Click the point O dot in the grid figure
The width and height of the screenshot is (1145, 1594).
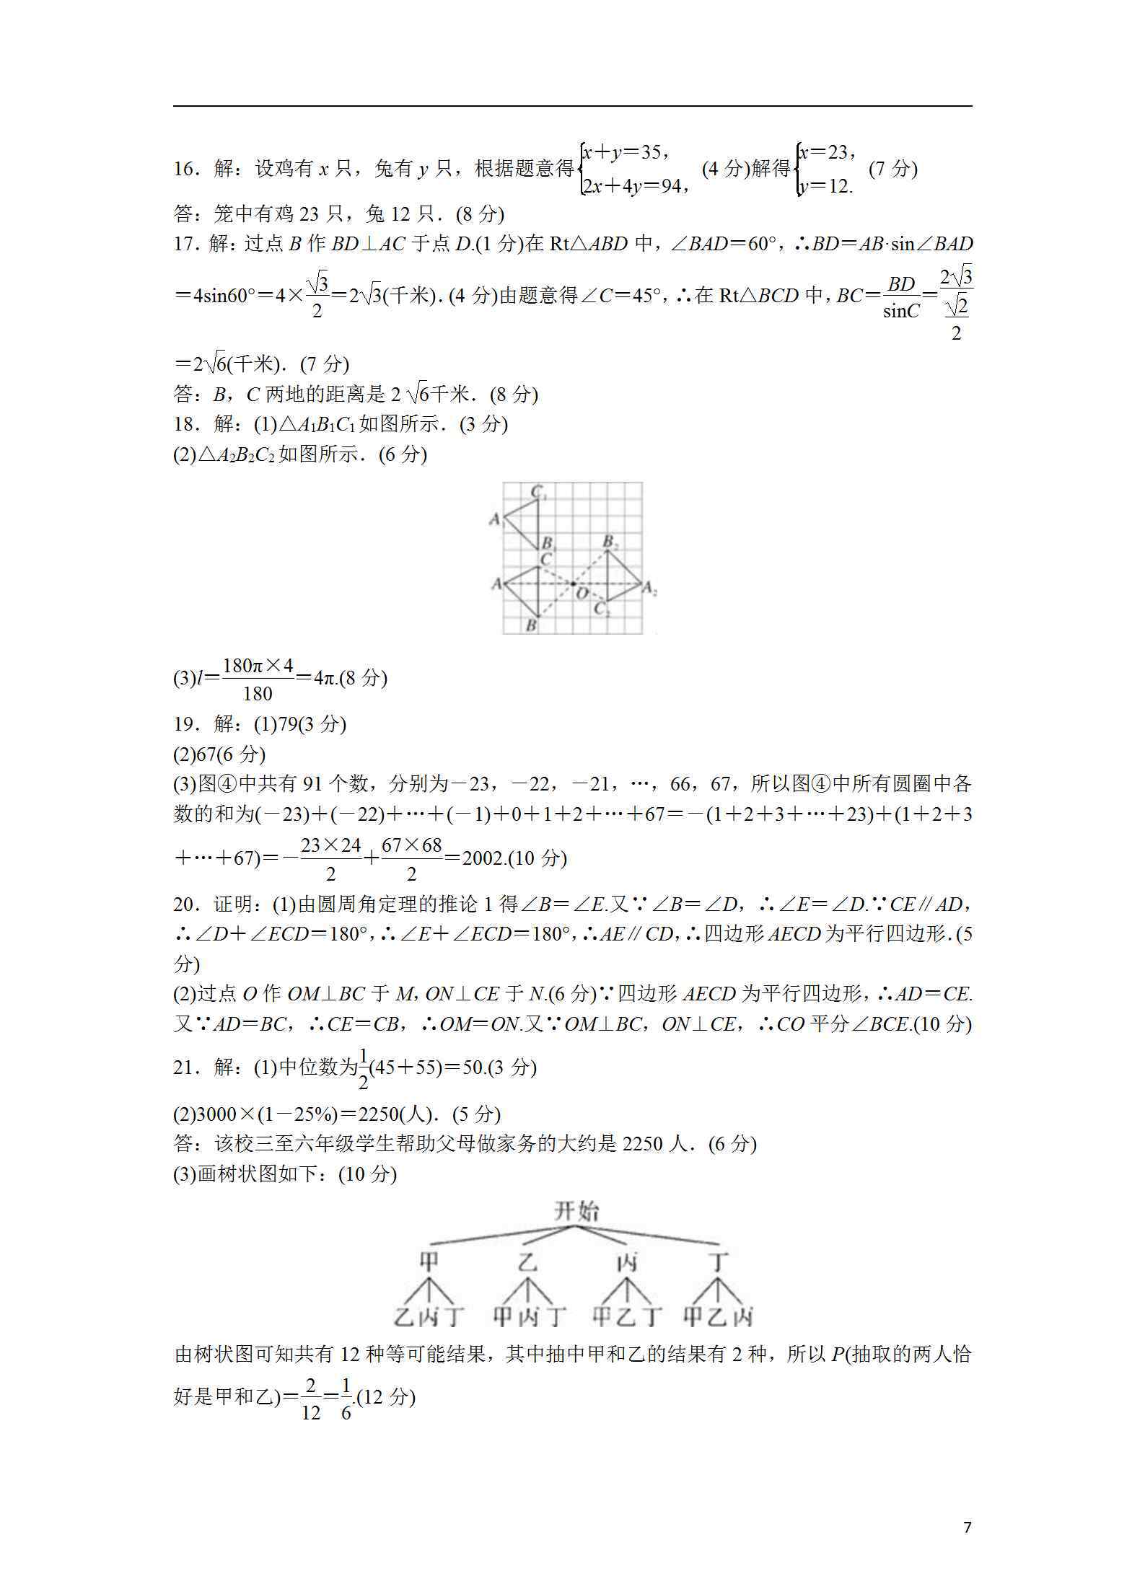coord(573,583)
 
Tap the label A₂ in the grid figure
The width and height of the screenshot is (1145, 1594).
coord(649,590)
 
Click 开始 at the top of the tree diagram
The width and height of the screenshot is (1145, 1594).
coord(576,1211)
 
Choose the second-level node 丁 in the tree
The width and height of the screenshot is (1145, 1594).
coord(718,1262)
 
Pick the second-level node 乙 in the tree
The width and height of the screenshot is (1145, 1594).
coord(528,1262)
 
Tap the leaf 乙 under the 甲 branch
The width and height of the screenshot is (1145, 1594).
coord(403,1317)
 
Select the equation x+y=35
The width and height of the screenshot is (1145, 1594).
coord(624,152)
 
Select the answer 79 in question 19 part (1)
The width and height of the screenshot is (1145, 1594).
coord(288,724)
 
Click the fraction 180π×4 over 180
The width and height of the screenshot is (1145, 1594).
coord(258,679)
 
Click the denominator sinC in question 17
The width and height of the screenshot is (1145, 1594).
coord(901,311)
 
